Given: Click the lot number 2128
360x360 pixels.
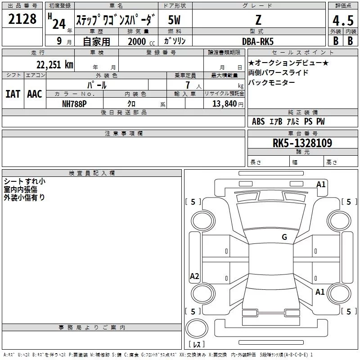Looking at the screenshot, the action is pos(22,20).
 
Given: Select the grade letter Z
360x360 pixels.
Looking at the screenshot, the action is pos(258,20).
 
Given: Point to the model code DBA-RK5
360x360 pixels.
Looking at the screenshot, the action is pos(258,41).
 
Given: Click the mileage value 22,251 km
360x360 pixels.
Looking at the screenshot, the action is pos(54,64).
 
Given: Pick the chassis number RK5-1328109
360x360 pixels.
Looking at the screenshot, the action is pos(302,143).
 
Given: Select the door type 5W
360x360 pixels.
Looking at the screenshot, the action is pos(175,20).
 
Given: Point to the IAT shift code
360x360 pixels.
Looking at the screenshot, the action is pos(13,94).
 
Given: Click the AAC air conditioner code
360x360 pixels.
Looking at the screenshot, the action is pos(34,94).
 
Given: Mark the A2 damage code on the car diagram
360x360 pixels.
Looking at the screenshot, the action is pos(194,276).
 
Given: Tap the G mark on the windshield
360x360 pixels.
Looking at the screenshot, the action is pos(284,237).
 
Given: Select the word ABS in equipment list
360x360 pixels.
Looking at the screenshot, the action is pos(258,121).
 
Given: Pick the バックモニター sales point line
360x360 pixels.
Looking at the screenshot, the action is pos(271,82).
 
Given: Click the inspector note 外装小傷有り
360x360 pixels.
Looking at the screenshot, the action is pos(24,197).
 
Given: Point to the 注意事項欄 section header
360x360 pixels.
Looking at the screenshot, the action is pos(123,134).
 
